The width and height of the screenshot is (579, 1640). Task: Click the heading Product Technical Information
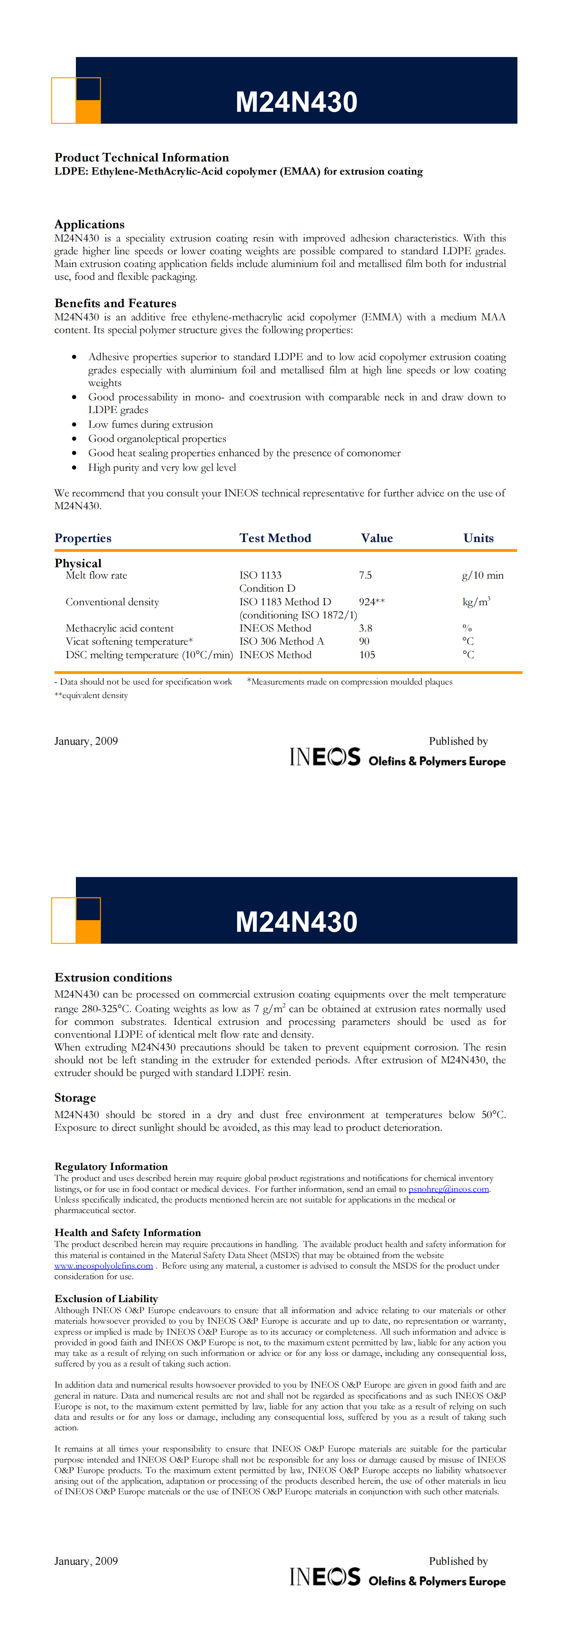click(141, 157)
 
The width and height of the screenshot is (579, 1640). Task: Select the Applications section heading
click(89, 224)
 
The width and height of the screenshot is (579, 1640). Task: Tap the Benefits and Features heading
click(115, 303)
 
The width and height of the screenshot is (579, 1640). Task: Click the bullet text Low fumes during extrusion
click(150, 424)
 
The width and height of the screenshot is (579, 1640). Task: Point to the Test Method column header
click(275, 538)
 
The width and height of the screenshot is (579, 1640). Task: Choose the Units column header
click(478, 538)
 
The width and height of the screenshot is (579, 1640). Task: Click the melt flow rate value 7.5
click(365, 575)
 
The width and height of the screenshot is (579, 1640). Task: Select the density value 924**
click(371, 602)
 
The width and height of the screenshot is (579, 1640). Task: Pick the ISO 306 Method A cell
click(281, 641)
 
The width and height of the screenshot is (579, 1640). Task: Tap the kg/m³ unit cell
click(476, 602)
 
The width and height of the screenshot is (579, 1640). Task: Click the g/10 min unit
click(482, 575)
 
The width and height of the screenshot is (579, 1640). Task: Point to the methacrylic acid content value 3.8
click(365, 628)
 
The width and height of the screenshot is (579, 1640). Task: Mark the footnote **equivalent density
click(91, 695)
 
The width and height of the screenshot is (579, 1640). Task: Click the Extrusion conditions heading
click(113, 977)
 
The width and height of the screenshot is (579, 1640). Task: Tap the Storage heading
click(75, 1098)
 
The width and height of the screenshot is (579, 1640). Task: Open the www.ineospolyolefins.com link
click(104, 1266)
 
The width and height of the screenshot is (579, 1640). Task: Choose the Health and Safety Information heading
click(127, 1232)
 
